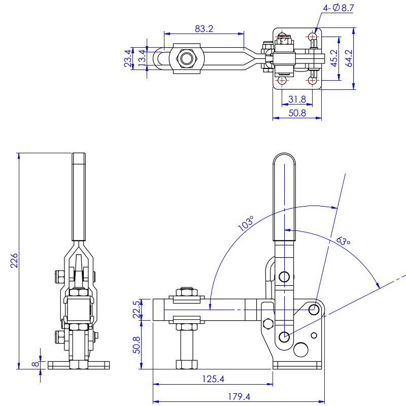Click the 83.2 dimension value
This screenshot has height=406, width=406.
tap(203, 29)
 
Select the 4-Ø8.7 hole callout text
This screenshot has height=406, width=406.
tap(338, 8)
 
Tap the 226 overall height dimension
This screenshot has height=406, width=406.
tap(14, 260)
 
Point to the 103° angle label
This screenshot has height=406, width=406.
tap(246, 224)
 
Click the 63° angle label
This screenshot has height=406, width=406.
tap(343, 240)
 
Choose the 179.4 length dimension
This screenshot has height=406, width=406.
tap(239, 397)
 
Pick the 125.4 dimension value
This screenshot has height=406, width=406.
tap(213, 379)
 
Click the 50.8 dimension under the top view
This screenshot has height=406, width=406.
tap(297, 113)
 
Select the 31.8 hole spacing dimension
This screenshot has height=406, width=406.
tap(297, 99)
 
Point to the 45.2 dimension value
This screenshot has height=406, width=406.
tap(334, 58)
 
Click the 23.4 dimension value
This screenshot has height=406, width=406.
tap(128, 59)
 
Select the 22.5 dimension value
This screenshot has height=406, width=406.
tap(136, 310)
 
